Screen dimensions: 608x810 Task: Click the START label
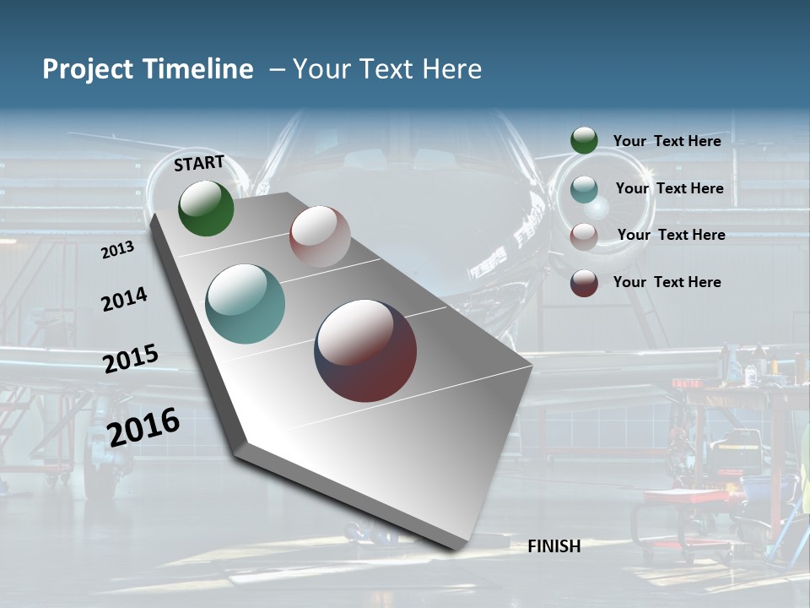[x=199, y=163]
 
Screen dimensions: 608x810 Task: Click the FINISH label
[x=553, y=546]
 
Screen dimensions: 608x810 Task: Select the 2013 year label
[x=117, y=250]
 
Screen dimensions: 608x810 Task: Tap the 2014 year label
[x=124, y=300]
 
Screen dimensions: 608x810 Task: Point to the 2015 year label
[x=131, y=359]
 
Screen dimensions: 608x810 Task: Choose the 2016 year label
[x=143, y=426]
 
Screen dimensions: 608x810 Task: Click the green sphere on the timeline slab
[x=206, y=209]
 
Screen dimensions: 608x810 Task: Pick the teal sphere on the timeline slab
[x=245, y=304]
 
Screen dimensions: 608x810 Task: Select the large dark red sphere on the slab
[x=365, y=350]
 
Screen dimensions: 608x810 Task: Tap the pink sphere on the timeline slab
[x=320, y=236]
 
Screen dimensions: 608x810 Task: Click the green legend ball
[x=584, y=140]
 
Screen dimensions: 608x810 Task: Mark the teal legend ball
[x=584, y=189]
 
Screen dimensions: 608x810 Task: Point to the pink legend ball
[x=584, y=236]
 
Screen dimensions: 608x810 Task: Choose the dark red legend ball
[x=584, y=283]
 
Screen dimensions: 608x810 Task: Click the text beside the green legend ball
[x=667, y=141]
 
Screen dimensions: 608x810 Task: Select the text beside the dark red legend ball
[x=667, y=282]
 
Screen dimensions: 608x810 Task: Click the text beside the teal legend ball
[x=669, y=188]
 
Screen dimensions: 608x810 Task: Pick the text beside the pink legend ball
[x=671, y=235]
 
